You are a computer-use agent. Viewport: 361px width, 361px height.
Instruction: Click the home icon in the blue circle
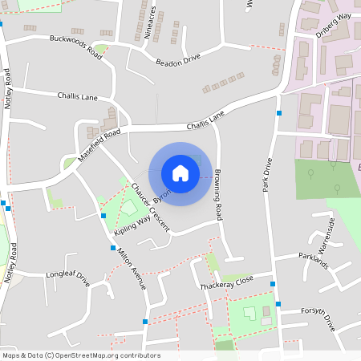pyautogui.click(x=180, y=173)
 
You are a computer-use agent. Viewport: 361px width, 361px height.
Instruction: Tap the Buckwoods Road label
pyautogui.click(x=76, y=44)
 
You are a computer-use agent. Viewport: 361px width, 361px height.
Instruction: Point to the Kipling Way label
pyautogui.click(x=132, y=220)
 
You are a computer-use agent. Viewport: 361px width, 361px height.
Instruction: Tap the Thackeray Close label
pyautogui.click(x=226, y=282)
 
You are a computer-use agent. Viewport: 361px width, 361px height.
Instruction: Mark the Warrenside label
pyautogui.click(x=343, y=231)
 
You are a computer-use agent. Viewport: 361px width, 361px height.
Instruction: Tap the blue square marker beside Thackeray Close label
pyautogui.click(x=274, y=284)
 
